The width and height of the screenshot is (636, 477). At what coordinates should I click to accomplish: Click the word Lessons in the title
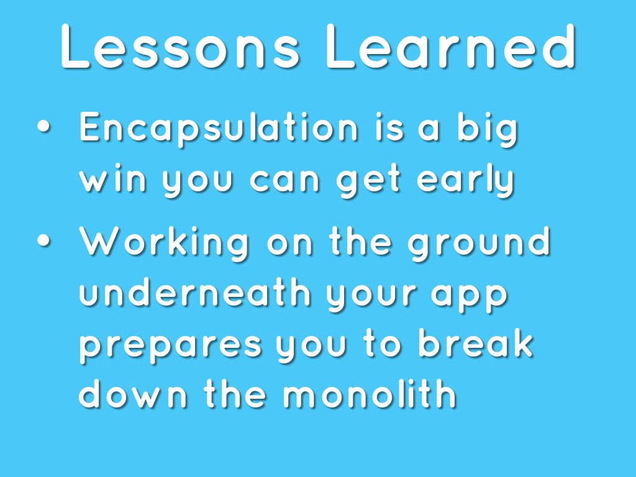180,47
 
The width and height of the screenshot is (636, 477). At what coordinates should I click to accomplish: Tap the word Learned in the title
450,46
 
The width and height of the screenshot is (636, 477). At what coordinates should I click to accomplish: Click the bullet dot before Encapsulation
44,127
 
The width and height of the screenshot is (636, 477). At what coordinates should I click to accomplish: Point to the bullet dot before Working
44,240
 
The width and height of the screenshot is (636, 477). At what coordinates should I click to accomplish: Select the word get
369,181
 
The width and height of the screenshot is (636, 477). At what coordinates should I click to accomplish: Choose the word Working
164,243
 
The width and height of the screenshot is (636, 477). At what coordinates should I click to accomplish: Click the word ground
479,243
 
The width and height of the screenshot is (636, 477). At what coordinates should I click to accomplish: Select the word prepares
170,347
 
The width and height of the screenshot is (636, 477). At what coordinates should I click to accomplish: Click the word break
475,342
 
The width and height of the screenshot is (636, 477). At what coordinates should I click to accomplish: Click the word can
284,179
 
